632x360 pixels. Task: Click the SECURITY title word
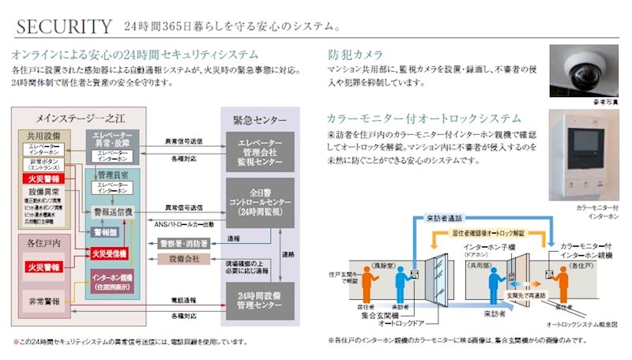tap(64, 27)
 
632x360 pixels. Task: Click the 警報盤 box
tap(105, 234)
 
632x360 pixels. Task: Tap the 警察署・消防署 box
tap(184, 243)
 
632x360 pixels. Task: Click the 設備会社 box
tap(184, 259)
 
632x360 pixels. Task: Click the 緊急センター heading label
tap(258, 121)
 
